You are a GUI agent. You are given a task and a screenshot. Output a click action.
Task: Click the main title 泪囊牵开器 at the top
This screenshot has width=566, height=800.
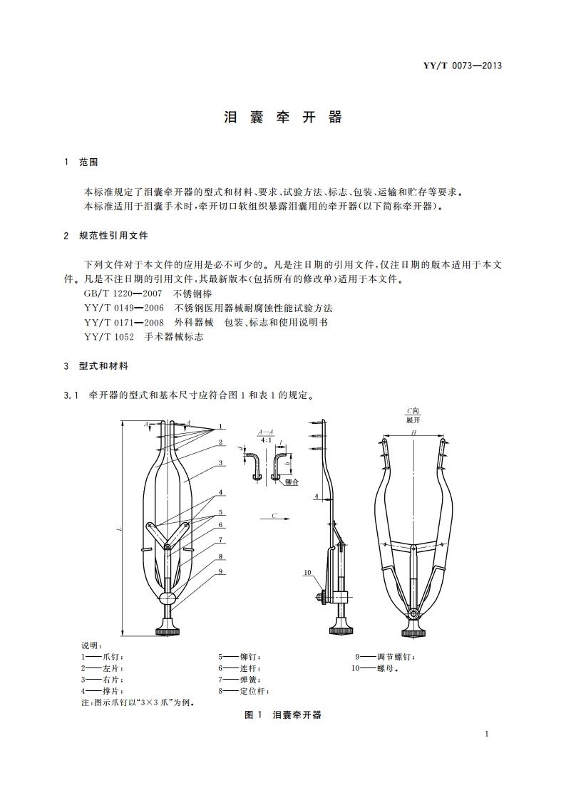[x=283, y=118]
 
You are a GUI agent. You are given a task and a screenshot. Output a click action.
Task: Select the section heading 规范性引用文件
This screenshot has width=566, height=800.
[x=118, y=235]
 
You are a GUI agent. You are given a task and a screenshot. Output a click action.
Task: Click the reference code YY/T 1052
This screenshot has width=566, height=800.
[x=108, y=336]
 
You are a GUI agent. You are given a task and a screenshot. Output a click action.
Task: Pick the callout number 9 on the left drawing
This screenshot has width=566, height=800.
[x=222, y=571]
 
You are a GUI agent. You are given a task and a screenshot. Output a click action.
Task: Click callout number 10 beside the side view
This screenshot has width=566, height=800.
[x=307, y=572]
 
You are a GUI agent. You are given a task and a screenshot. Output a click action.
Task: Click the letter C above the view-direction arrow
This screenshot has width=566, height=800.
[x=273, y=513]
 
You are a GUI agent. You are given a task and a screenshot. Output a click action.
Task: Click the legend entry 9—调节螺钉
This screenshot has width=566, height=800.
[x=385, y=657]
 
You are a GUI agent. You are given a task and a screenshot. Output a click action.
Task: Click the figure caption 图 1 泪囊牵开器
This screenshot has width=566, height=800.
[x=283, y=715]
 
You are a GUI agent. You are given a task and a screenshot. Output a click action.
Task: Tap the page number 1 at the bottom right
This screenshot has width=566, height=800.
[x=485, y=734]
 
